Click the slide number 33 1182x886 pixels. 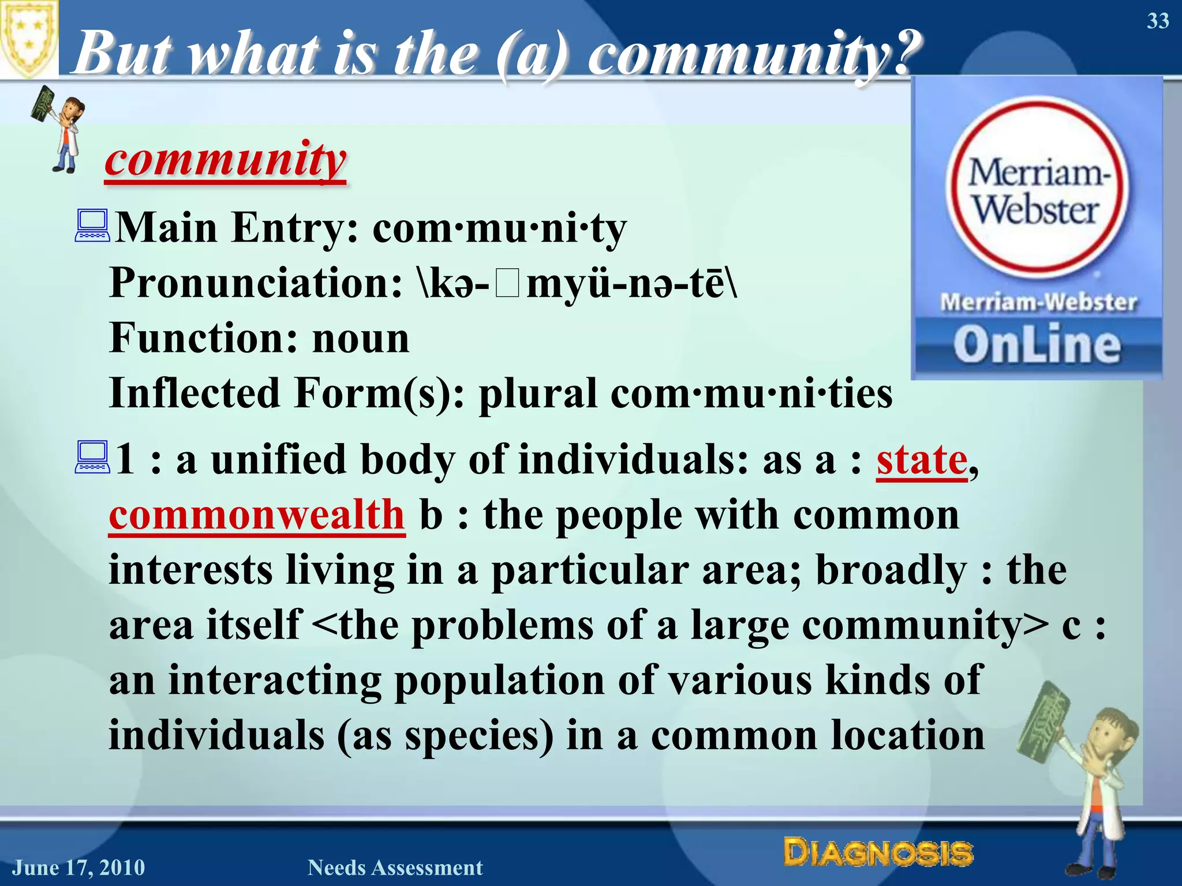tap(1157, 21)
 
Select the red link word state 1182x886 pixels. tap(922, 460)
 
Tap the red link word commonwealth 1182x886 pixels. tap(257, 515)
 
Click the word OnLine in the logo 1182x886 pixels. tap(1037, 345)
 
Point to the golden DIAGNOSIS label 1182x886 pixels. tap(878, 853)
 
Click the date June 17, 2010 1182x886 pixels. tap(79, 868)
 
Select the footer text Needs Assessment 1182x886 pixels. tap(395, 868)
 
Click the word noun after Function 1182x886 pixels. tap(361, 339)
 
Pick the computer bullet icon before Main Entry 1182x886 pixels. tap(92, 226)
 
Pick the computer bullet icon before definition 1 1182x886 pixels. tap(92, 457)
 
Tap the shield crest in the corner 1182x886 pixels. tap(28, 37)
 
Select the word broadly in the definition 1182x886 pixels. tap(891, 570)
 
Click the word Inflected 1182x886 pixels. tap(194, 393)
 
